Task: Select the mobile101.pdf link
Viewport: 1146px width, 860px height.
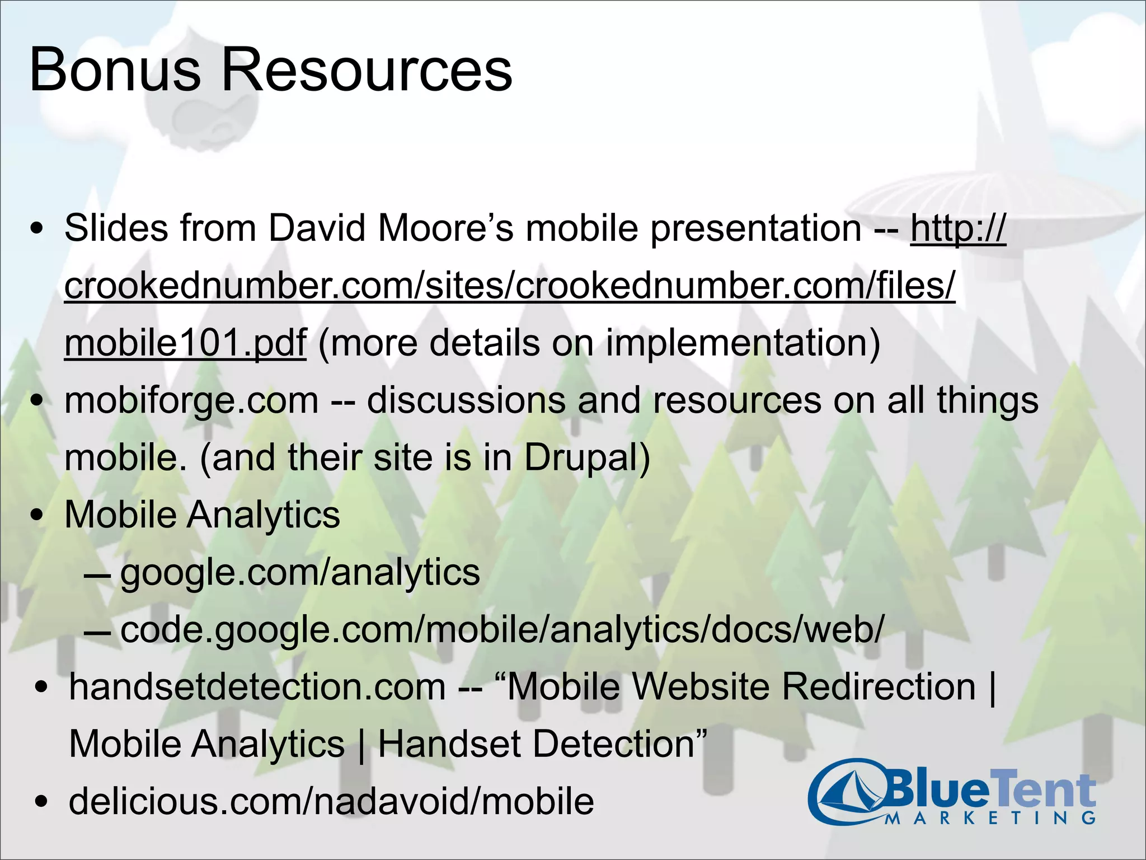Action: click(x=185, y=343)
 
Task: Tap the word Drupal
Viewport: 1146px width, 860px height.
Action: click(x=586, y=458)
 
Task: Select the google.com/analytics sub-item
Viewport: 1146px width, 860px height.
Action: click(x=300, y=572)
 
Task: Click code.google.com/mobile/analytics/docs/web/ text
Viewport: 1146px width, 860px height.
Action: click(x=502, y=629)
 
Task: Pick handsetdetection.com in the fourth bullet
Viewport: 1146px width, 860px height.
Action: click(x=257, y=687)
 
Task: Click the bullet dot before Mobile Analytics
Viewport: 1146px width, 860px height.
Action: click(x=37, y=516)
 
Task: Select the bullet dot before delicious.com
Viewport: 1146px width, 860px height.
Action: click(x=41, y=802)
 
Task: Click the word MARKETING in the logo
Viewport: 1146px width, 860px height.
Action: click(x=990, y=818)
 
